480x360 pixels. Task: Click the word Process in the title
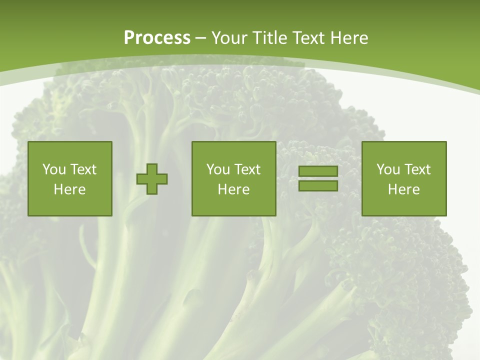click(157, 38)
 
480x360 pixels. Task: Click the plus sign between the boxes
click(152, 179)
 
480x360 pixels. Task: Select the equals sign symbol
click(318, 178)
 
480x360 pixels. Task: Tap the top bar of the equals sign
click(318, 171)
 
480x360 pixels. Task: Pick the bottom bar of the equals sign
click(318, 185)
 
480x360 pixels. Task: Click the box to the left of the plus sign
click(70, 178)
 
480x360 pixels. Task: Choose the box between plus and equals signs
click(233, 178)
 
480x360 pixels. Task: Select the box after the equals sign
click(404, 178)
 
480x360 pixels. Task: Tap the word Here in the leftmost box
click(70, 189)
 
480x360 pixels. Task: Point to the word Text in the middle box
click(247, 169)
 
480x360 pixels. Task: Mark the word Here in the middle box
click(233, 189)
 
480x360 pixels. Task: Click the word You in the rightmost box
click(388, 169)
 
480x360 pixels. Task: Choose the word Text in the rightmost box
click(417, 169)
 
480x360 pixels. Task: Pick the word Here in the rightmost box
click(404, 189)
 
